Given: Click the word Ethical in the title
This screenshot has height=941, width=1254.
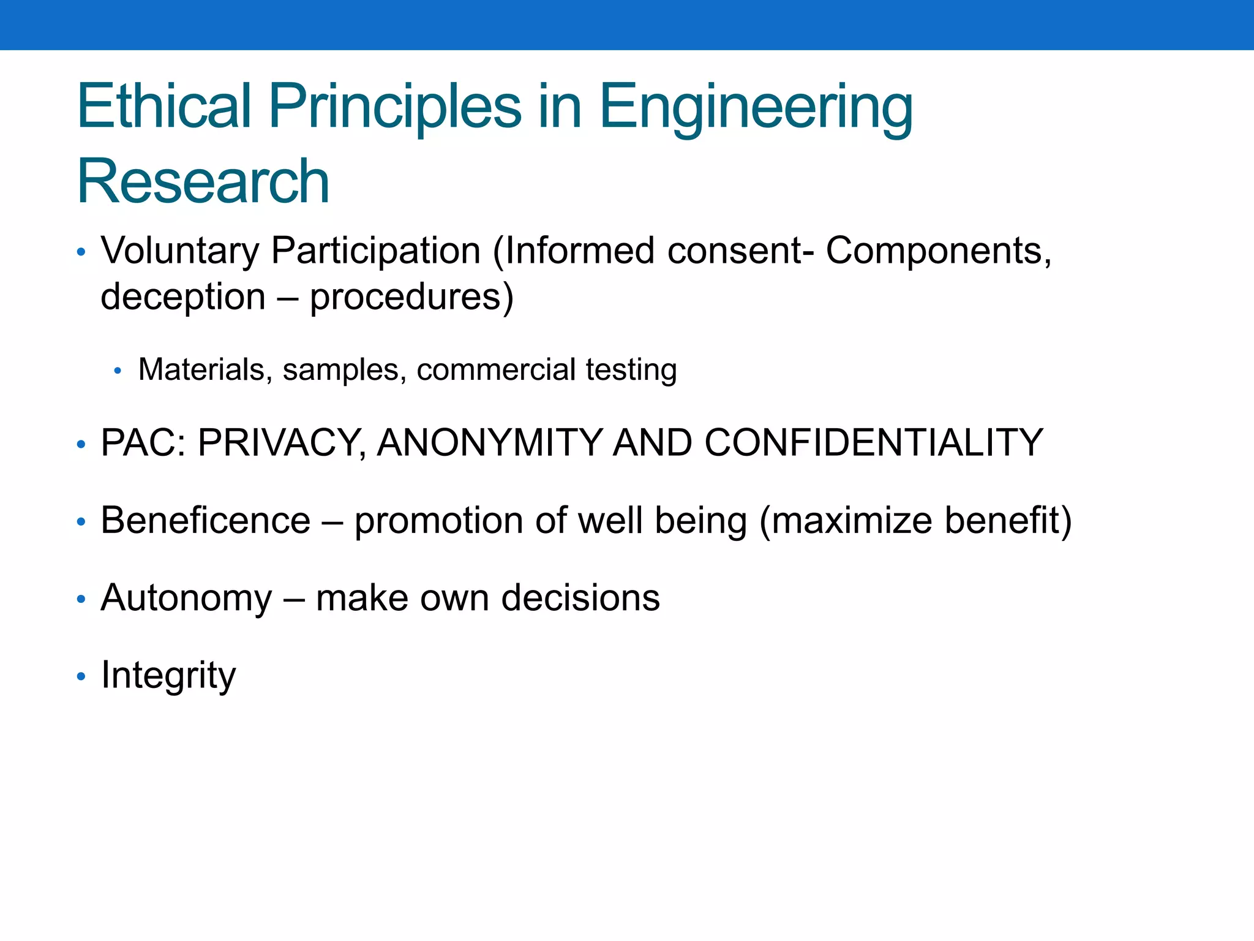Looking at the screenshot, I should tap(164, 107).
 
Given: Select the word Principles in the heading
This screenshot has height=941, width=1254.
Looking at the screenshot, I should tap(395, 107).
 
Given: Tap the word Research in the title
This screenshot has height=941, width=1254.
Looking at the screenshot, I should tap(203, 182).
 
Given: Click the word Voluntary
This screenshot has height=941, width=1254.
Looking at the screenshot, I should tap(181, 251).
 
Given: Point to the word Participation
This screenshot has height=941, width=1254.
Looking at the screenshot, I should tap(375, 251).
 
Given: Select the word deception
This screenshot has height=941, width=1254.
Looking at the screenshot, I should tap(183, 298).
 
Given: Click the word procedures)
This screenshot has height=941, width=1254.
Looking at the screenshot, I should tap(411, 298).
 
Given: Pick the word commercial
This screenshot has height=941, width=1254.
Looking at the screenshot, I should tap(496, 370).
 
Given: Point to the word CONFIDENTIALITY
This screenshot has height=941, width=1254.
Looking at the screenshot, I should tap(873, 443).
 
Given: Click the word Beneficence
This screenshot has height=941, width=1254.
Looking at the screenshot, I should tap(206, 521).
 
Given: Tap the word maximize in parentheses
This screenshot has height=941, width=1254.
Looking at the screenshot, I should tap(851, 521).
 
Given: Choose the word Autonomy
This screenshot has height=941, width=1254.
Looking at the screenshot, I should tap(187, 599).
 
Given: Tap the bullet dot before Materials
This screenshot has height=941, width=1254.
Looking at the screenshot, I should tap(118, 371).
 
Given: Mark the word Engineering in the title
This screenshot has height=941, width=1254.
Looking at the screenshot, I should tap(756, 107).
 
